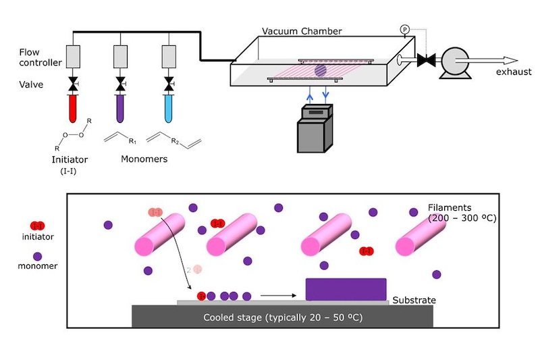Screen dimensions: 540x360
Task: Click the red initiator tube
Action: point(73,109)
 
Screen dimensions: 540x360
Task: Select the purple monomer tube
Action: point(120,109)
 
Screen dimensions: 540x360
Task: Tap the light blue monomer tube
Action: point(168,109)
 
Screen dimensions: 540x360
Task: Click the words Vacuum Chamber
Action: point(302,31)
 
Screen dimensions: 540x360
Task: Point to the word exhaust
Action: point(514,72)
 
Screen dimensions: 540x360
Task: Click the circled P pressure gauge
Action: point(404,29)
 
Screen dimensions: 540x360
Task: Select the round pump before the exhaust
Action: point(455,62)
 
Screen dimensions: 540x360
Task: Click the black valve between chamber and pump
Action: point(426,60)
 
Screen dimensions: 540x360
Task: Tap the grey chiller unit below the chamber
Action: point(315,128)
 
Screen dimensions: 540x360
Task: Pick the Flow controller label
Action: point(40,57)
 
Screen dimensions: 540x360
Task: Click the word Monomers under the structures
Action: point(144,159)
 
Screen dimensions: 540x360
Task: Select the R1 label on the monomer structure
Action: point(132,141)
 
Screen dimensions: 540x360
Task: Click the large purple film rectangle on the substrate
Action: point(346,289)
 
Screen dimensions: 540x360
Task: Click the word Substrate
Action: point(414,300)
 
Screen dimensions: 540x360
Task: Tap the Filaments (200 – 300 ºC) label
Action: point(462,213)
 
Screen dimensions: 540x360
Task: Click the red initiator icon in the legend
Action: point(38,226)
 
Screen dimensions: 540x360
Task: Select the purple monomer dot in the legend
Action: point(38,256)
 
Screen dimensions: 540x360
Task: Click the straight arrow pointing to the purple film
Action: point(278,295)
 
